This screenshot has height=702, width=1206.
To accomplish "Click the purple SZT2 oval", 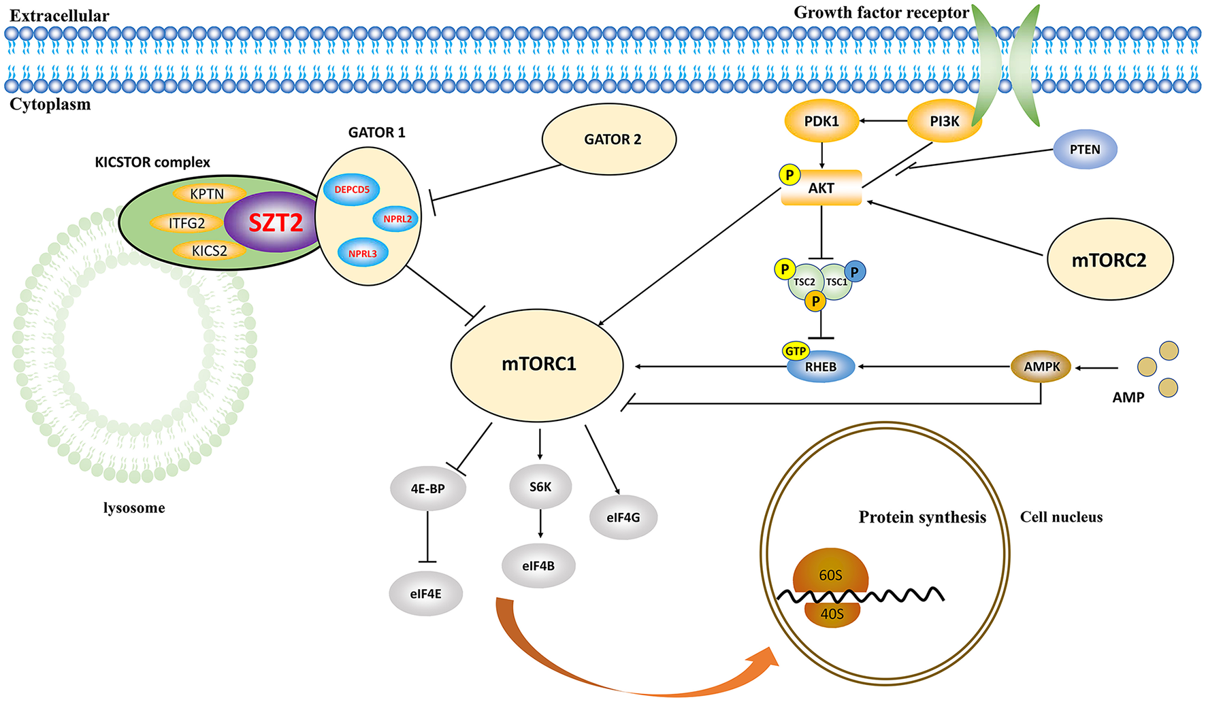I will [275, 222].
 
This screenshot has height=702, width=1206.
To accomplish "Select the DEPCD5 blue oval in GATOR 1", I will [352, 190].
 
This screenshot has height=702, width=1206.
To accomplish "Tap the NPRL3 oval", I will [363, 253].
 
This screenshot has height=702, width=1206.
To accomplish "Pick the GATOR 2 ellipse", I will [609, 139].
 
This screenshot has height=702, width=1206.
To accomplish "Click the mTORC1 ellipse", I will [538, 365].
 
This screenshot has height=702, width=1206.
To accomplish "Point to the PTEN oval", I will [1085, 150].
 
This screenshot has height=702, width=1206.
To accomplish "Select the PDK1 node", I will [821, 122].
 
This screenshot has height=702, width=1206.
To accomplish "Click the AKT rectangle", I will [821, 188].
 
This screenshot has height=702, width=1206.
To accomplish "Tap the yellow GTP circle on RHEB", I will [796, 351].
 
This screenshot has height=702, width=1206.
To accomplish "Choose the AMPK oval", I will [1041, 367].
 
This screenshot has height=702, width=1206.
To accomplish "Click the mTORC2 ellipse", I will [1109, 260].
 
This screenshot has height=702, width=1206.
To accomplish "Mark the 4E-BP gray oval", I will [428, 488].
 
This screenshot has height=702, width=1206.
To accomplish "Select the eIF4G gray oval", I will [623, 518].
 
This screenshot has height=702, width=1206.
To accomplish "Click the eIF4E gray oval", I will [426, 594].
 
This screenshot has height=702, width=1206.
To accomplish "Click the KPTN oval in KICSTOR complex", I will [207, 194].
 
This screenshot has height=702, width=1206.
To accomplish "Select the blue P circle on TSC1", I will [855, 271].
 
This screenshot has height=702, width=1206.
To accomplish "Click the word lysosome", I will [134, 508].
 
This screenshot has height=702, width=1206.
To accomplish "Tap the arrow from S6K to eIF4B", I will [540, 524].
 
